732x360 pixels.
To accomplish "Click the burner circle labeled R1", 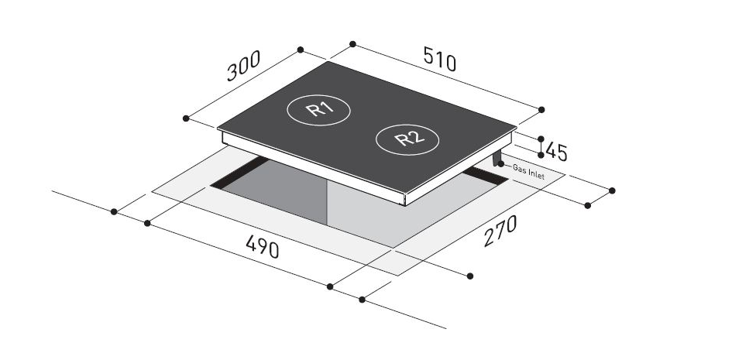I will [x=318, y=110].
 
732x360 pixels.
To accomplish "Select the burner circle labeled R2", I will [x=407, y=139].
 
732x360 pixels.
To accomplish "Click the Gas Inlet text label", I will [x=528, y=172].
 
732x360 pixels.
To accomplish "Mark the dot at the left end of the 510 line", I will [x=352, y=43].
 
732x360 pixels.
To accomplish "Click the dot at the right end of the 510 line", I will [x=541, y=108].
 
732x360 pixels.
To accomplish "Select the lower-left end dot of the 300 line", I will [x=186, y=118].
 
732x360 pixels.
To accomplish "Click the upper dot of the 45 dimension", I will [x=541, y=139].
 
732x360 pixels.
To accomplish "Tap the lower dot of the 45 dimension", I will [x=541, y=155].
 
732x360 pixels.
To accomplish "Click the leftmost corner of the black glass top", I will [x=218, y=129].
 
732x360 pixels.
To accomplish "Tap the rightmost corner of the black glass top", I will [x=517, y=129].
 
